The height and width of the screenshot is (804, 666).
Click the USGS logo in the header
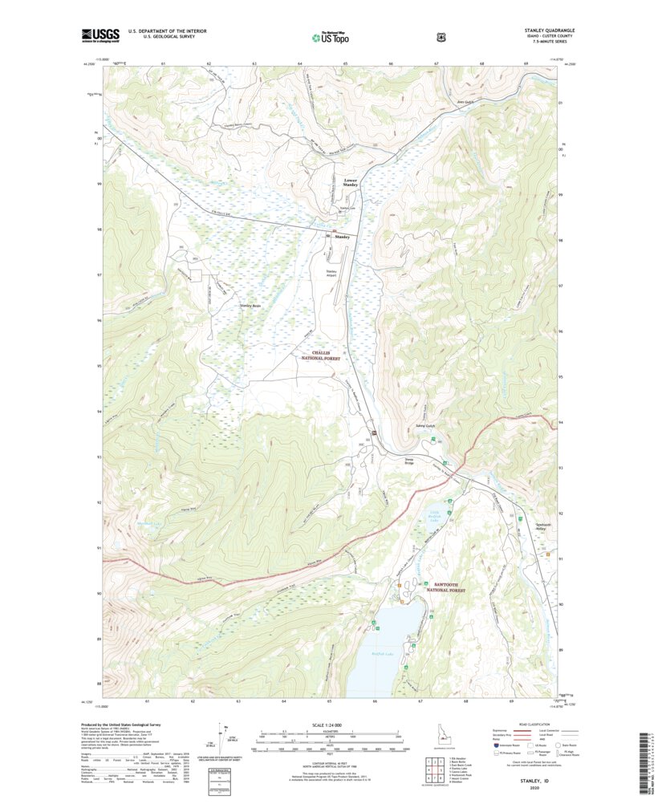coord(100,35)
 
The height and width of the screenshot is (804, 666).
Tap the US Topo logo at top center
coord(330,36)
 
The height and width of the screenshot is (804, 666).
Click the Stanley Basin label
coord(250,306)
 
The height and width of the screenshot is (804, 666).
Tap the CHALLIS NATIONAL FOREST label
coord(321,356)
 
